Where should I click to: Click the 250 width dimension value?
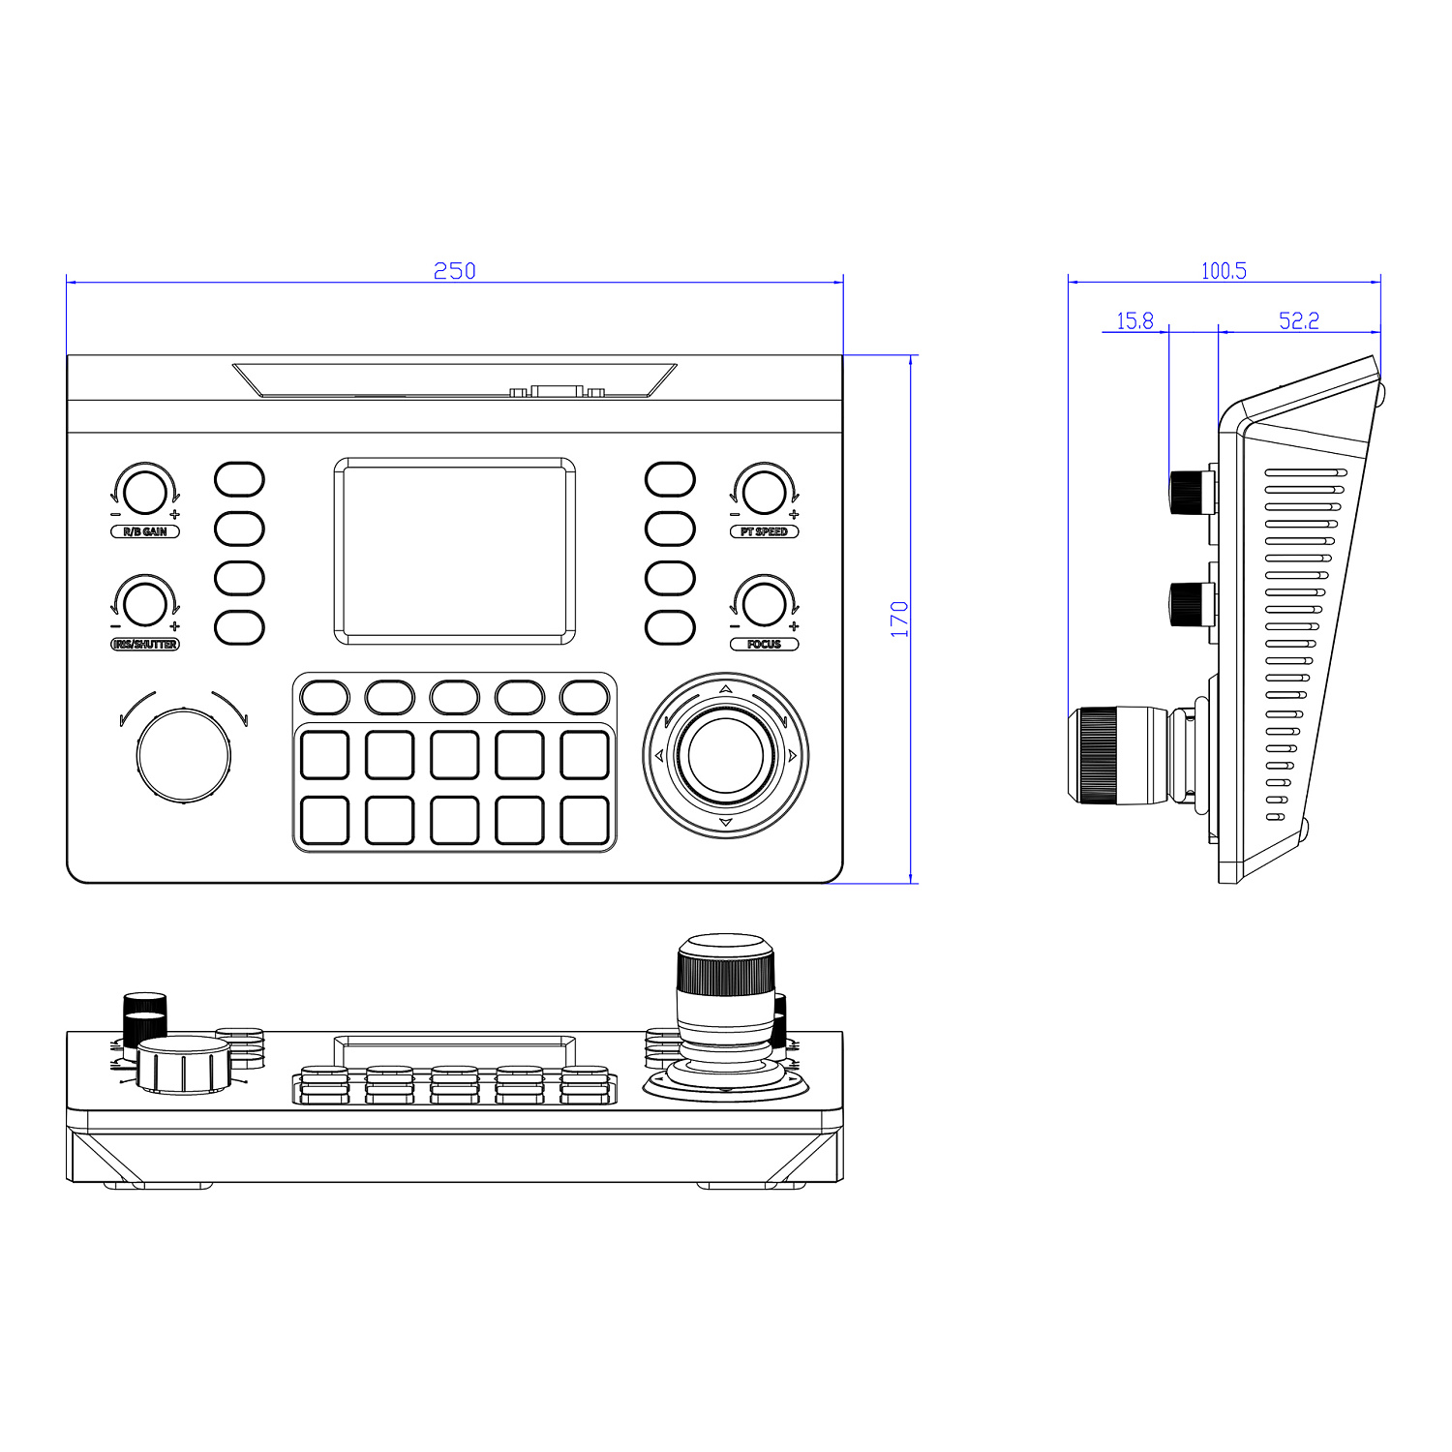click(x=454, y=271)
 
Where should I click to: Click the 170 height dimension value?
click(x=900, y=620)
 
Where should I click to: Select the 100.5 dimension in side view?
click(x=1224, y=271)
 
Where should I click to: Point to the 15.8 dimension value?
click(x=1134, y=320)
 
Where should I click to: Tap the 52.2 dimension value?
click(x=1298, y=320)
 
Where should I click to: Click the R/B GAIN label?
click(x=145, y=531)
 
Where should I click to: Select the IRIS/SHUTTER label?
click(x=145, y=644)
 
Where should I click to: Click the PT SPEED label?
click(x=764, y=531)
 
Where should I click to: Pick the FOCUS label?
click(x=764, y=644)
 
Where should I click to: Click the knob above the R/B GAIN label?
click(x=145, y=491)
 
